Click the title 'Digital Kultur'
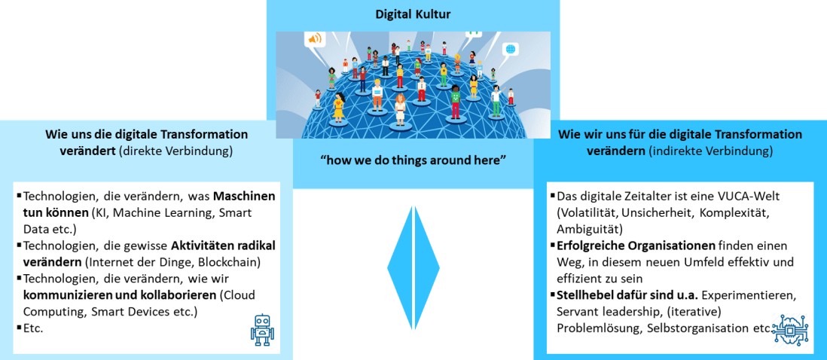(413, 14)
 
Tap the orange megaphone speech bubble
(315, 38)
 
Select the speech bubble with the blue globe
(509, 50)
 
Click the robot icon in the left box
(261, 330)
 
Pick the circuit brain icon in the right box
(791, 329)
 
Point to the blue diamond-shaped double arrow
(413, 268)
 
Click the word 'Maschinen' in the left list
(244, 197)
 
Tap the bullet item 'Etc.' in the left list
(32, 328)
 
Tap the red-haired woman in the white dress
(400, 106)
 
